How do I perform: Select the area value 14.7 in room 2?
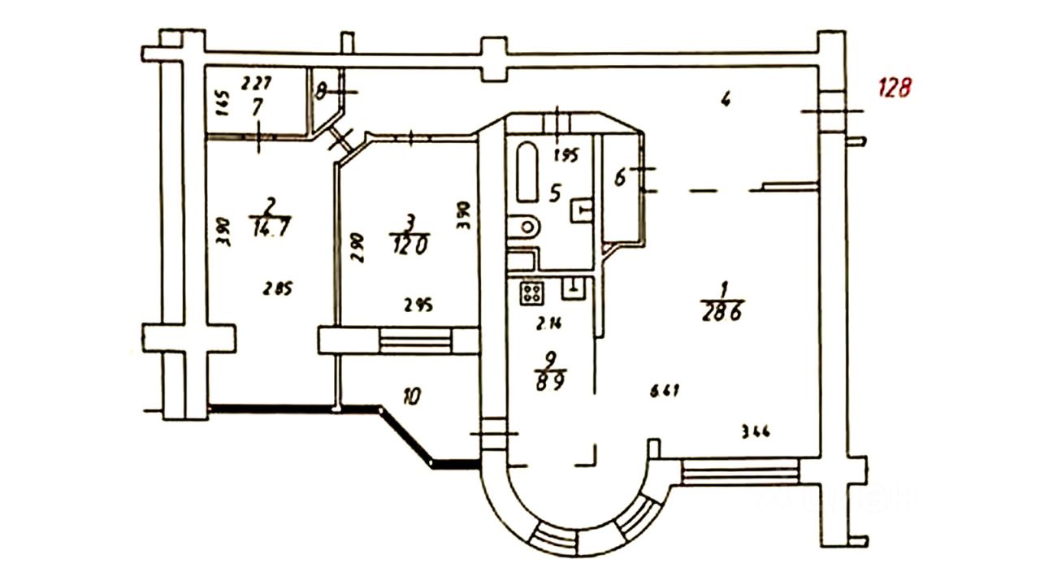coord(271,228)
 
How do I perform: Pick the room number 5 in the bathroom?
coord(556,193)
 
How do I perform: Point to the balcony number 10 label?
coord(413,396)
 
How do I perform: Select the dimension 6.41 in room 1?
coord(664,391)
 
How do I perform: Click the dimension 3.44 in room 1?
coord(755,431)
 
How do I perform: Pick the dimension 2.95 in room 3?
coord(418,305)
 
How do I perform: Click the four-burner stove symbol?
coord(531,292)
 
